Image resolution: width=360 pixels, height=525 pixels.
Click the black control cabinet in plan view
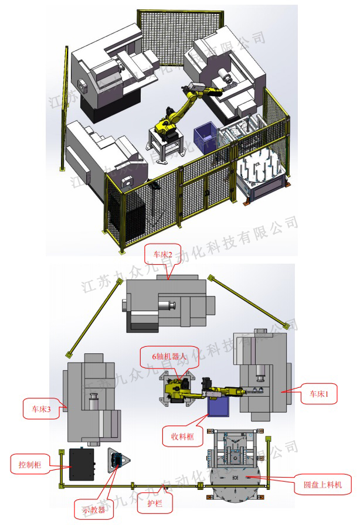82,465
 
